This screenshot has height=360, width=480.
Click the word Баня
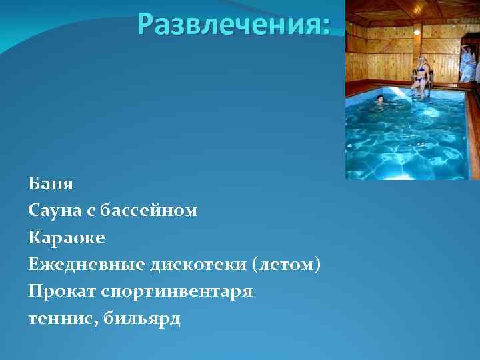(x=51, y=183)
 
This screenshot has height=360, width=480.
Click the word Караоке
(x=67, y=237)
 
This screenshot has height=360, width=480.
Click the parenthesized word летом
(x=287, y=265)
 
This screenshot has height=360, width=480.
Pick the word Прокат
(x=60, y=292)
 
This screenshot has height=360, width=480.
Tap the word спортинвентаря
(x=177, y=292)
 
